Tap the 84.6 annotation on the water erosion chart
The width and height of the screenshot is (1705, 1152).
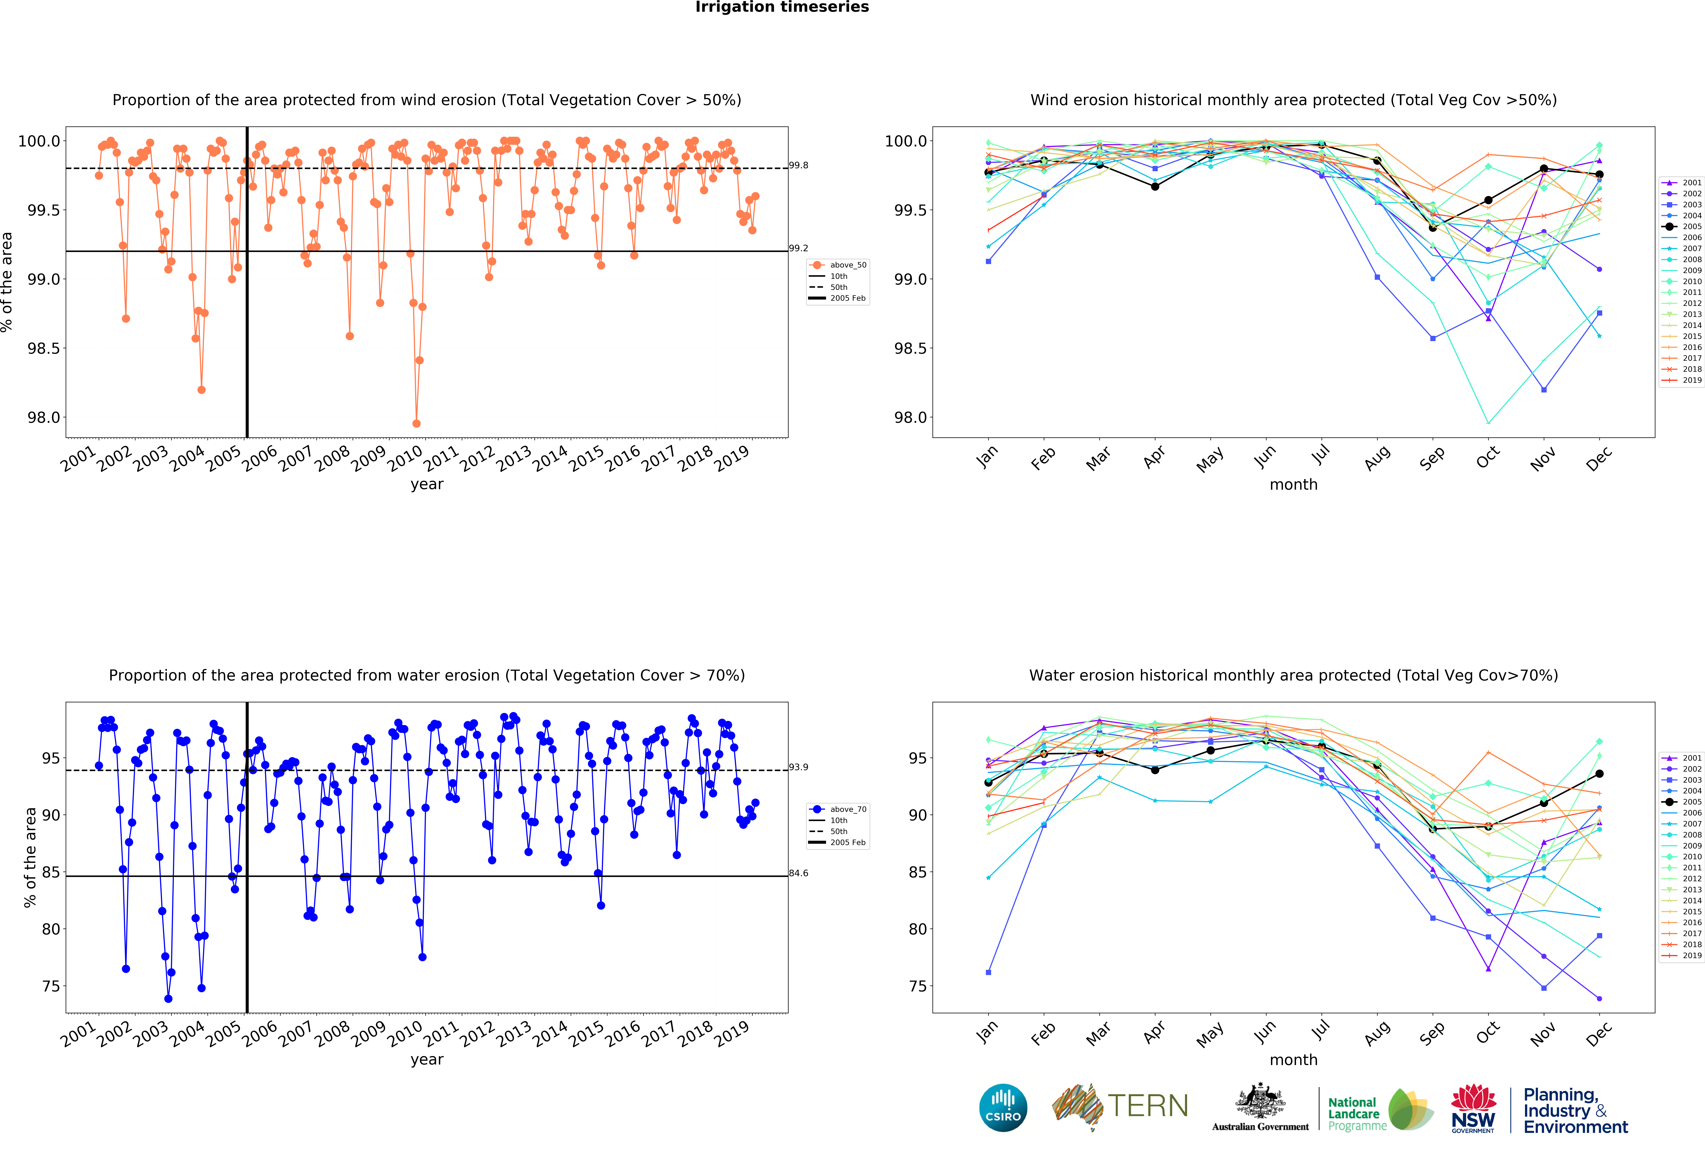point(798,873)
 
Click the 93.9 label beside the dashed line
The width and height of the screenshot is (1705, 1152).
point(798,767)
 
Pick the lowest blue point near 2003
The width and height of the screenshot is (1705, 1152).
point(168,999)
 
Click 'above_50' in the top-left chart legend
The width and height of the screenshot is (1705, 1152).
point(848,265)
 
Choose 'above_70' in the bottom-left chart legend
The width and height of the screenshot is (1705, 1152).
point(848,809)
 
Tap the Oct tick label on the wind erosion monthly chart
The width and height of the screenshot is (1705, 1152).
point(1487,457)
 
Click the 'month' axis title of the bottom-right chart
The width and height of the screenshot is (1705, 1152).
point(1293,1059)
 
